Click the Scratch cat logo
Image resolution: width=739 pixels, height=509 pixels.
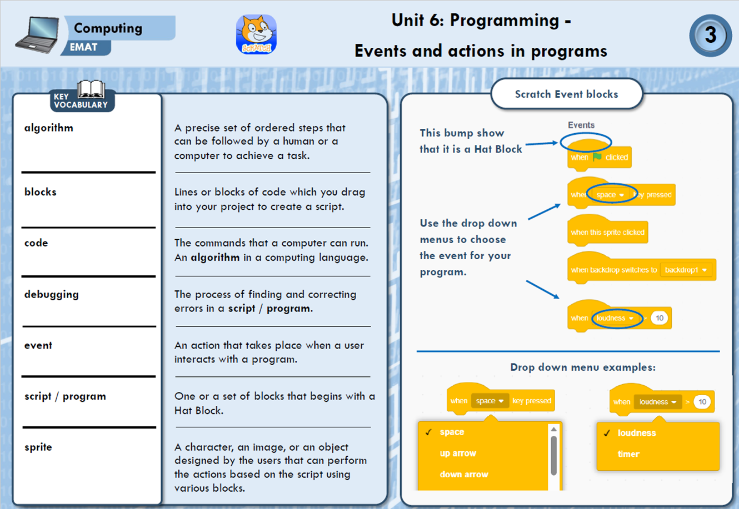[256, 34]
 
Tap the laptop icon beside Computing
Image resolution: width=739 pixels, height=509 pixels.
[37, 34]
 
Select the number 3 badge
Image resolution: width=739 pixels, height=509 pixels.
[710, 36]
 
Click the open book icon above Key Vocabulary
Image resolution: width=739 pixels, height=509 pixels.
[91, 89]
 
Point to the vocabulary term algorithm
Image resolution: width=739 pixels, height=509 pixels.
[49, 128]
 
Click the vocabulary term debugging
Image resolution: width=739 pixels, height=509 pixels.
[52, 294]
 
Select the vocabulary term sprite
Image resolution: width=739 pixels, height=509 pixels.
[38, 447]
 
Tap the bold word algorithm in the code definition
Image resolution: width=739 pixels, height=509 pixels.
[215, 258]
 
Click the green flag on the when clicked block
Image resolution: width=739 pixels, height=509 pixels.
[597, 157]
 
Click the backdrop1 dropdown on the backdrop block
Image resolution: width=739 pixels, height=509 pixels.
[686, 270]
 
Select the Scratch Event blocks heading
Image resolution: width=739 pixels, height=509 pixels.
[566, 94]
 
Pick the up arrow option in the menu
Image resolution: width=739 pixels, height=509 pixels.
[458, 453]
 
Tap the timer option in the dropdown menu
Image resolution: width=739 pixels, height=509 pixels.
[628, 454]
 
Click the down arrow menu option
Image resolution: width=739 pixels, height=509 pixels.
[464, 475]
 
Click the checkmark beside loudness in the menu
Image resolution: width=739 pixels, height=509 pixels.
[607, 433]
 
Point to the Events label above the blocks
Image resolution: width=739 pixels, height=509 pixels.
[581, 125]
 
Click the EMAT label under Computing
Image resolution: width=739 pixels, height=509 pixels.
[83, 47]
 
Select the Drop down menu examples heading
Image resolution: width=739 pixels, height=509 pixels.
[583, 367]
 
